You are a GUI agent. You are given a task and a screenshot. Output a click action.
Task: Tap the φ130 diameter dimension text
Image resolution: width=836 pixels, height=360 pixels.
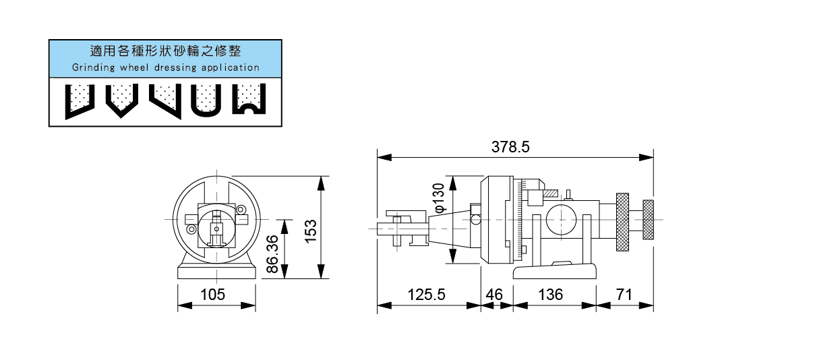[x=439, y=198]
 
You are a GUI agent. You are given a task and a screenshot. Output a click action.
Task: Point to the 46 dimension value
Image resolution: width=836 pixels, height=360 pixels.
[x=495, y=295]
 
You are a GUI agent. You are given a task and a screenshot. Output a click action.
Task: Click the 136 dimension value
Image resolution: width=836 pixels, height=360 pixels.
[x=551, y=295]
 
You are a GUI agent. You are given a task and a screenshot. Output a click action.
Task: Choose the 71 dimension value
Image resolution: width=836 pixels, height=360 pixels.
[x=625, y=295]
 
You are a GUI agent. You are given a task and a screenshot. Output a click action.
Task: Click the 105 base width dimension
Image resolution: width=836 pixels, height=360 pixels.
[x=213, y=295]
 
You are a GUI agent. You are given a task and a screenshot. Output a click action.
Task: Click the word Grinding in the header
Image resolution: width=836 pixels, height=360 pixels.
[x=92, y=67]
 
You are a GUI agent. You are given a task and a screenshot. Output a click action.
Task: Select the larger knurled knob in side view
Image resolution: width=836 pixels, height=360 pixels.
[x=622, y=220]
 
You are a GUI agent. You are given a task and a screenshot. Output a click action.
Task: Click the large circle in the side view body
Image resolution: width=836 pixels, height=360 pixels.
[x=560, y=219]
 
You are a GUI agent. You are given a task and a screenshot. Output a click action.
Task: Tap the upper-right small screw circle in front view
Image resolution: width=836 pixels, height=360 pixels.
[x=241, y=209]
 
